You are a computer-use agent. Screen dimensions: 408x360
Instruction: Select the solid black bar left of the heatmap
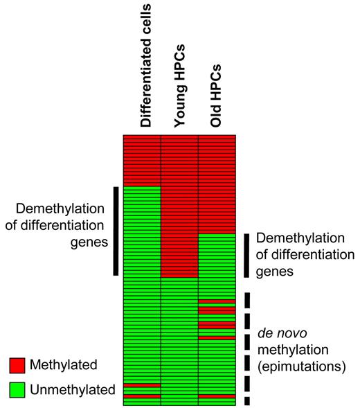(x=116, y=231)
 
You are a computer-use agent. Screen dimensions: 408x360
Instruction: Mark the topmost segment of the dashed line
(x=246, y=299)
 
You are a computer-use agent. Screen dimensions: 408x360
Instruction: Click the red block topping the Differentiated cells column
(x=142, y=159)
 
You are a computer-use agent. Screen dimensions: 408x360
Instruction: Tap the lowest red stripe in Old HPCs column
(x=217, y=397)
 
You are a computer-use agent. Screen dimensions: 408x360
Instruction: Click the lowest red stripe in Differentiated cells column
(x=142, y=397)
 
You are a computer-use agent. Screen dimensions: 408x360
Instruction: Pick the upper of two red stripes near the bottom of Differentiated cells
(x=142, y=384)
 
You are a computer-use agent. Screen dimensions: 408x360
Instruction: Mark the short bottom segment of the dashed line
(x=246, y=401)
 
